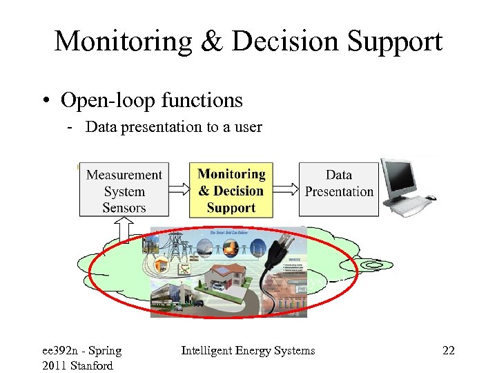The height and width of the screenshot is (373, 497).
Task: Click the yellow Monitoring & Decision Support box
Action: pos(231,190)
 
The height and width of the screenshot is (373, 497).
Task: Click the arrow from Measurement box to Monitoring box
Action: pos(177,189)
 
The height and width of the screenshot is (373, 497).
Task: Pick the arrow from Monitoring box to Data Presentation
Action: pos(286,189)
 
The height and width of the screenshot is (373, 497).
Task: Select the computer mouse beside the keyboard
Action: pos(431,198)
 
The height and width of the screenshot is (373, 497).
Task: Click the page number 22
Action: pos(449,351)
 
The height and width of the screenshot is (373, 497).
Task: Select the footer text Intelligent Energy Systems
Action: pos(248,351)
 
